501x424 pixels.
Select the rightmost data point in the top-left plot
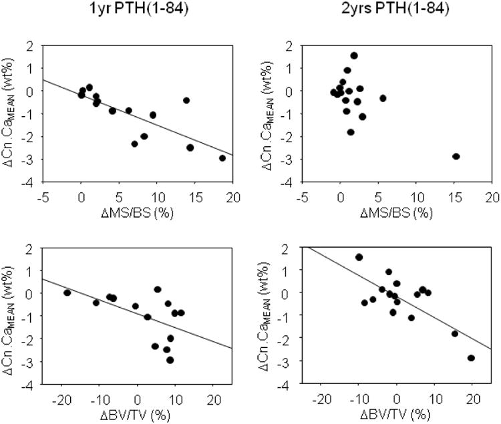click(x=222, y=158)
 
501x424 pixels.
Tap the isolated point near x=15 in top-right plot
click(x=456, y=156)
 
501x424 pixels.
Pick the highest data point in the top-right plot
click(x=354, y=55)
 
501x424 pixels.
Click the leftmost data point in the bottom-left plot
click(x=67, y=292)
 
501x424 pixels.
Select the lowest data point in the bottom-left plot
click(x=170, y=360)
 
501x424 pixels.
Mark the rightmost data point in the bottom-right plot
click(x=471, y=358)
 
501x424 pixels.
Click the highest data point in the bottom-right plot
click(x=359, y=257)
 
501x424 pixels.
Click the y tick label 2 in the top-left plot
click(x=30, y=46)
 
